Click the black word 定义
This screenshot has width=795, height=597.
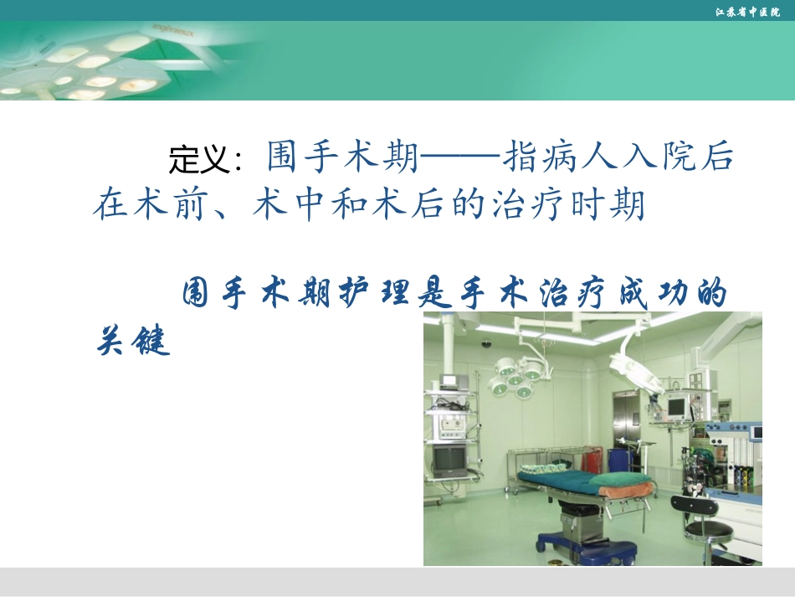pyautogui.click(x=200, y=158)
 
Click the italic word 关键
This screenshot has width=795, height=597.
pyautogui.click(x=134, y=341)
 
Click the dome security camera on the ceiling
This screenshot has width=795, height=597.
pyautogui.click(x=485, y=343)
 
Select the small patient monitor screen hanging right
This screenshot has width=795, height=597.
pyautogui.click(x=676, y=408)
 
